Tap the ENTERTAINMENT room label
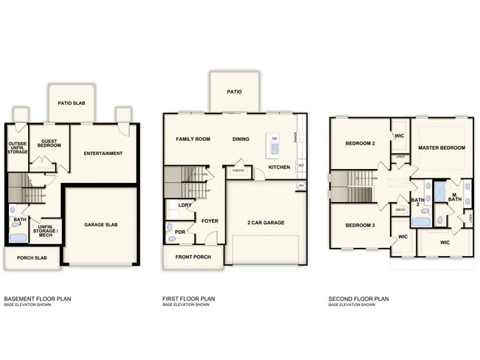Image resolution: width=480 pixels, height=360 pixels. (103, 153)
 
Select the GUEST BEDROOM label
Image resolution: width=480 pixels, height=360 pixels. (49, 144)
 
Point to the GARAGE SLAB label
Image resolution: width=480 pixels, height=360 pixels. (101, 224)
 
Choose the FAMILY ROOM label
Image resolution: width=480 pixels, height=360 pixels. (193, 139)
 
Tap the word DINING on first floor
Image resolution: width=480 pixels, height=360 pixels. (241, 139)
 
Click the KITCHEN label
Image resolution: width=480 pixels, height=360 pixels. (279, 167)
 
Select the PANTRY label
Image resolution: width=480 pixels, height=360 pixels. (239, 170)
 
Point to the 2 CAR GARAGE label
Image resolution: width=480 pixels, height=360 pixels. (265, 222)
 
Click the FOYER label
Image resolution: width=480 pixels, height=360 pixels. (209, 220)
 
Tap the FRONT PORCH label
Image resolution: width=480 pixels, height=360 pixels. (193, 257)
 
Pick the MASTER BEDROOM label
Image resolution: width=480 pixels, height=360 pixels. (442, 148)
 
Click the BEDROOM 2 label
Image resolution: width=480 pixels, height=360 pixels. (361, 143)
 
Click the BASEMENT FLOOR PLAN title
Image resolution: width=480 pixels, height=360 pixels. (37, 299)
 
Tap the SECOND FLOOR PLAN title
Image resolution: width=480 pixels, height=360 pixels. (358, 299)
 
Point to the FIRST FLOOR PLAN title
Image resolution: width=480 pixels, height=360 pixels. (188, 299)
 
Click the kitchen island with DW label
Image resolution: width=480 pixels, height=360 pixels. (274, 145)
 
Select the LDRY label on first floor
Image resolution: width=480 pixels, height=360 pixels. (185, 204)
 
